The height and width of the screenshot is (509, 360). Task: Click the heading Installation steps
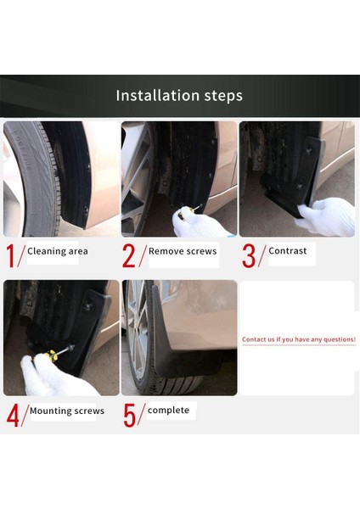pyautogui.click(x=179, y=95)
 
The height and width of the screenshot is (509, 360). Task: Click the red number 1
pyautogui.click(x=11, y=255)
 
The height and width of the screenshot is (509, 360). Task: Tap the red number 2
pyautogui.click(x=129, y=255)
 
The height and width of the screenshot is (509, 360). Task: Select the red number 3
pyautogui.click(x=248, y=255)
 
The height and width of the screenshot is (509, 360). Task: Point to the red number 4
pyautogui.click(x=12, y=415)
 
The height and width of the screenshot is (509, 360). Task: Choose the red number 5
pyautogui.click(x=129, y=415)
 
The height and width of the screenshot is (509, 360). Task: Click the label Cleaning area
pyautogui.click(x=57, y=251)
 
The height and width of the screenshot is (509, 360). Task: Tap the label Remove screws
pyautogui.click(x=182, y=251)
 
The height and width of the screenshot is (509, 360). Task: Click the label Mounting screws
pyautogui.click(x=67, y=411)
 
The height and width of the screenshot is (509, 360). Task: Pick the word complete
pyautogui.click(x=168, y=410)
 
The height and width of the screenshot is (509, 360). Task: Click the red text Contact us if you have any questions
pyautogui.click(x=298, y=339)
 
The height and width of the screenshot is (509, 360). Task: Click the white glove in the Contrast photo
pyautogui.click(x=328, y=216)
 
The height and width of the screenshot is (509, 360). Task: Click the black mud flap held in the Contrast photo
pyautogui.click(x=289, y=182)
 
